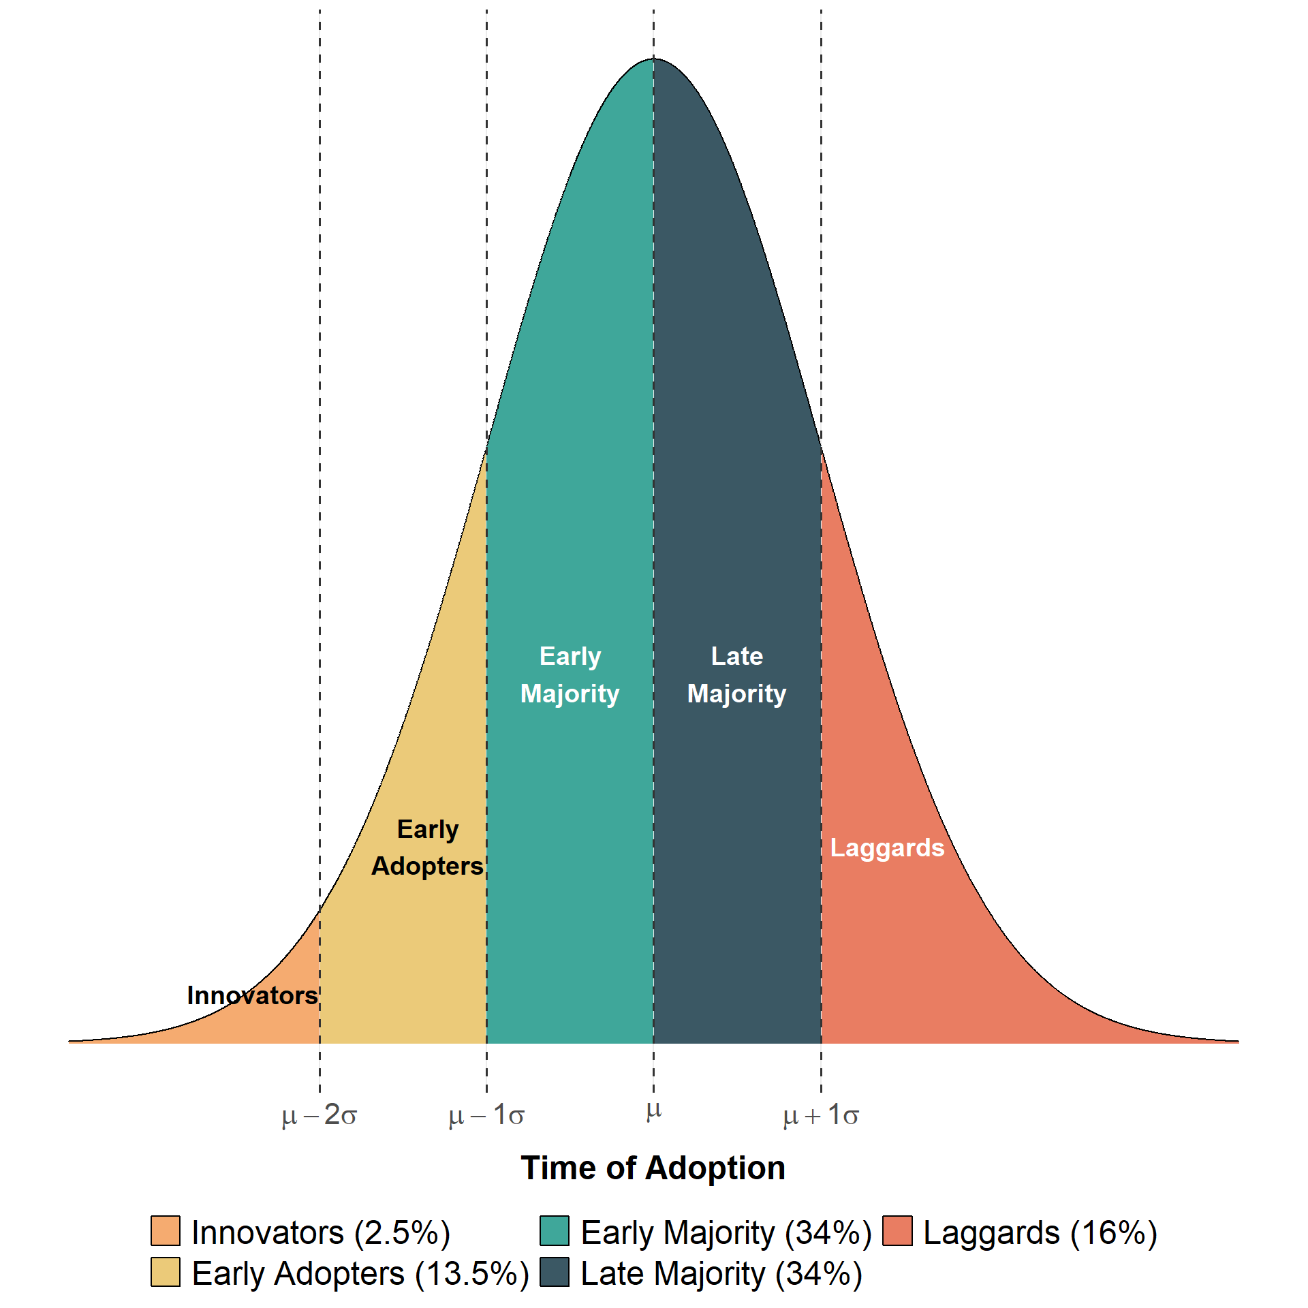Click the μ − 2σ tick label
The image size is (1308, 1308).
pyautogui.click(x=319, y=1115)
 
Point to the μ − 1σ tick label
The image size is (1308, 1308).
pyautogui.click(x=486, y=1115)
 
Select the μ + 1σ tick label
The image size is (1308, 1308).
pyautogui.click(x=821, y=1115)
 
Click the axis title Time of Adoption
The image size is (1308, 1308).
pyautogui.click(x=653, y=1168)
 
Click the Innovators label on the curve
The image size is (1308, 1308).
pyautogui.click(x=252, y=995)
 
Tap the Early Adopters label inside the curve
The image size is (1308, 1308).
pyautogui.click(x=428, y=847)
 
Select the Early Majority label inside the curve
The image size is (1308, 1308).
pyautogui.click(x=570, y=674)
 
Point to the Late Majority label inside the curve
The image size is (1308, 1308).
pyautogui.click(x=736, y=674)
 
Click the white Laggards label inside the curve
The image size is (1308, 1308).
pyautogui.click(x=887, y=847)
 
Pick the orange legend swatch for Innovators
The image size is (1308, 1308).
pyautogui.click(x=166, y=1230)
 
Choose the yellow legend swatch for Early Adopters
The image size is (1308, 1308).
pyautogui.click(x=166, y=1272)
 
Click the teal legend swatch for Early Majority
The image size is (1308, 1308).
pyautogui.click(x=555, y=1230)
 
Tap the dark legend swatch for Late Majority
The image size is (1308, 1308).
pyautogui.click(x=555, y=1272)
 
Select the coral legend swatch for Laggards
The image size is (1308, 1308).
pyautogui.click(x=897, y=1230)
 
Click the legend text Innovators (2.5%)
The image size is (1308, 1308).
pyautogui.click(x=321, y=1232)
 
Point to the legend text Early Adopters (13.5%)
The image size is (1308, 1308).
pyautogui.click(x=360, y=1274)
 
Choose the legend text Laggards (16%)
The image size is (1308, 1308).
pyautogui.click(x=1040, y=1232)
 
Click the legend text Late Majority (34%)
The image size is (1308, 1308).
pyautogui.click(x=721, y=1274)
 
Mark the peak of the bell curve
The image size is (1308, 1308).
pyautogui.click(x=653, y=59)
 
